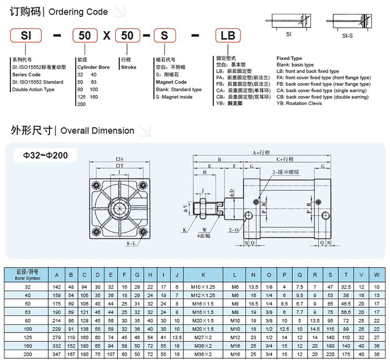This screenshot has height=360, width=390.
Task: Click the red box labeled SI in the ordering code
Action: (x=25, y=36)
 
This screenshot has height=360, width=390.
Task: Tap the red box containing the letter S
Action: (x=164, y=36)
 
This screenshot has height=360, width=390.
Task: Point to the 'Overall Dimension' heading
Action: (x=97, y=131)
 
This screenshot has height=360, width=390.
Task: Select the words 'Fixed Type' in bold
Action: (x=289, y=58)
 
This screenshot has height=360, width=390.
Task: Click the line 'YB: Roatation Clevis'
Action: (x=300, y=103)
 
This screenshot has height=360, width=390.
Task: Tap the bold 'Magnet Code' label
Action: (x=171, y=82)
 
